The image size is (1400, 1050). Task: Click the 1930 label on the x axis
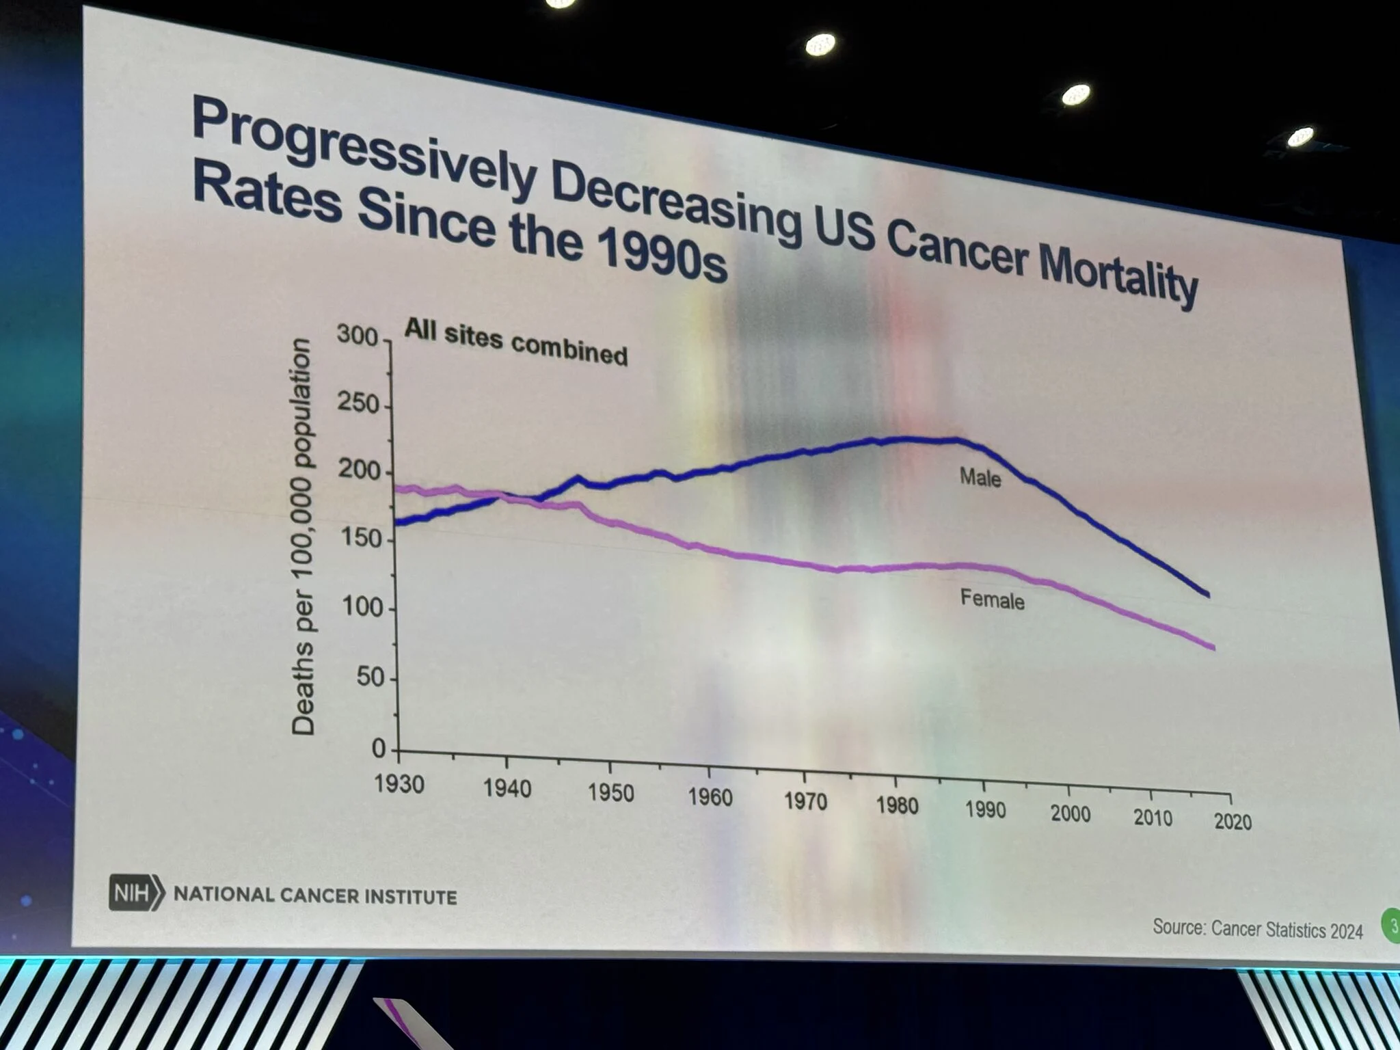tap(399, 784)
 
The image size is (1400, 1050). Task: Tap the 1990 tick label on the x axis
tap(985, 809)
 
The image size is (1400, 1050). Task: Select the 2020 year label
tap(1233, 821)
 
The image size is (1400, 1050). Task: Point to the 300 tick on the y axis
tap(357, 336)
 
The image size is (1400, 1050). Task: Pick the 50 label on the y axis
tap(371, 677)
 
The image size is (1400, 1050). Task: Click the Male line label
tap(980, 476)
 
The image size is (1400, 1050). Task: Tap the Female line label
tap(993, 600)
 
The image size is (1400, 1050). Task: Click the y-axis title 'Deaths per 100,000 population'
tap(303, 537)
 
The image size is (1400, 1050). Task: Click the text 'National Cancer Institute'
tap(315, 896)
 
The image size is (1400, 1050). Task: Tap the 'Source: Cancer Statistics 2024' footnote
tap(1258, 929)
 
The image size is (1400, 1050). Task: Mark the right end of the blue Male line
tap(1209, 595)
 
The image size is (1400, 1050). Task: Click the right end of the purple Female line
tap(1214, 648)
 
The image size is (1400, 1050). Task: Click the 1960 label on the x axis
tap(710, 797)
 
